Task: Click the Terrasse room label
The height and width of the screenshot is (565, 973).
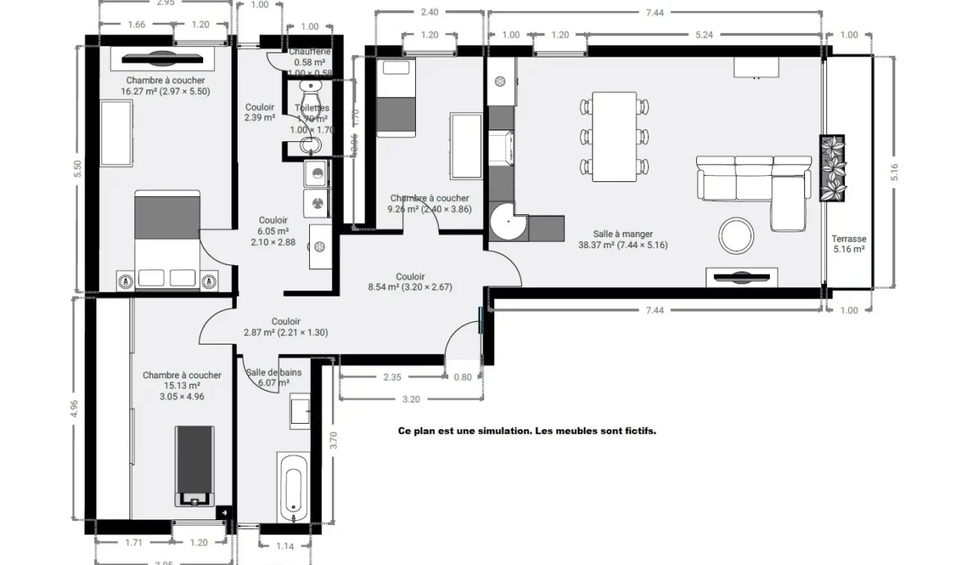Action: pos(848,239)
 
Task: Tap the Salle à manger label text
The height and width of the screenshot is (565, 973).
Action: pos(623,234)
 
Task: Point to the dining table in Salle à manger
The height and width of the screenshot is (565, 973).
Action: pos(614,136)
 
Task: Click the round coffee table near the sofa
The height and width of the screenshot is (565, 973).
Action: pos(737,235)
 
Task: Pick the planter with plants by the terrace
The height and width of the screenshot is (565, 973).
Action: pos(832,168)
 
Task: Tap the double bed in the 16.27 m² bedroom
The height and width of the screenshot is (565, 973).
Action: pos(167,235)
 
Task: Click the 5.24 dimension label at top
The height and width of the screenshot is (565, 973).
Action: pos(704,35)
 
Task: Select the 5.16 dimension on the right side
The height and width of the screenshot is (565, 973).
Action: pos(894,173)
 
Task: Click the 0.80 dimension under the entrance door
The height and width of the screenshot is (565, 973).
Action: pos(463,377)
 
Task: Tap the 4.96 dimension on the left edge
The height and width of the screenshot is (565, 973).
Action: pos(75,410)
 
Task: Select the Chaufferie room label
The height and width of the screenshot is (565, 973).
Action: pos(309,52)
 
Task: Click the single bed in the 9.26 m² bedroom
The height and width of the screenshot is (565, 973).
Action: pos(396,98)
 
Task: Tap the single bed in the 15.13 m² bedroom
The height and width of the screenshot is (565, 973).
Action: pos(193,465)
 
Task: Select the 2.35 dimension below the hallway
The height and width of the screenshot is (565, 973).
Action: pos(392,377)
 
